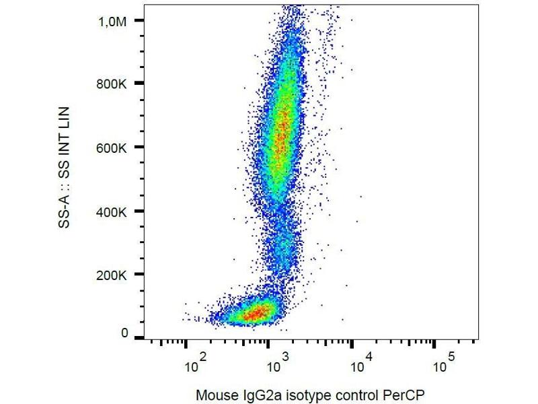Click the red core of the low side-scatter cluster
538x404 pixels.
[254, 313]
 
